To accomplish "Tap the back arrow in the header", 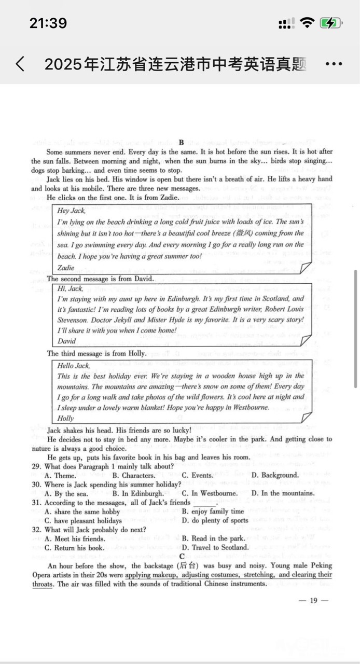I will coord(20,64).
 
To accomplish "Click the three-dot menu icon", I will coord(334,64).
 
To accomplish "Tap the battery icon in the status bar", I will coord(330,23).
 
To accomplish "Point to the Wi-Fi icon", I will coord(307,23).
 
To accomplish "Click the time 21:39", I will coord(48,23).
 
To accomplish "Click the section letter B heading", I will coord(181,142).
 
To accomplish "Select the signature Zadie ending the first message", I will coord(65,268).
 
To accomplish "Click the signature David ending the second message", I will coord(66,341).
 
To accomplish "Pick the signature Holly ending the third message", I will coord(65,418).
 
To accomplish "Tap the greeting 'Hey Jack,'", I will coord(71,211).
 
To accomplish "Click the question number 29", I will coord(36,466).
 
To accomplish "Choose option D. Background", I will coord(275,475).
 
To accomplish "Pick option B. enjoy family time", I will coord(213,511).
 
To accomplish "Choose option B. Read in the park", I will coord(213,538).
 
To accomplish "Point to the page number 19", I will coord(313,601).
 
